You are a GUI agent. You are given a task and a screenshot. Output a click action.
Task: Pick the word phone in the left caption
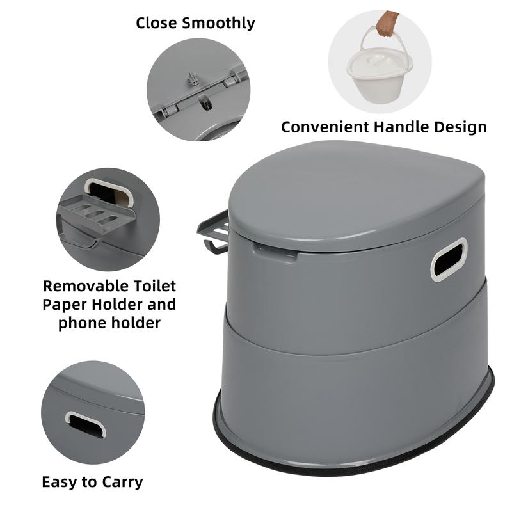click(x=80, y=323)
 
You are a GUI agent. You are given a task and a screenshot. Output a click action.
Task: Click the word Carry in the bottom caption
click(x=122, y=481)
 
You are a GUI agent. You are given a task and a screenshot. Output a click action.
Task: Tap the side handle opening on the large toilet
click(x=448, y=259)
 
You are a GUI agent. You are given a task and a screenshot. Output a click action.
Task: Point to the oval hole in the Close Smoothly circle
click(x=205, y=102)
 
